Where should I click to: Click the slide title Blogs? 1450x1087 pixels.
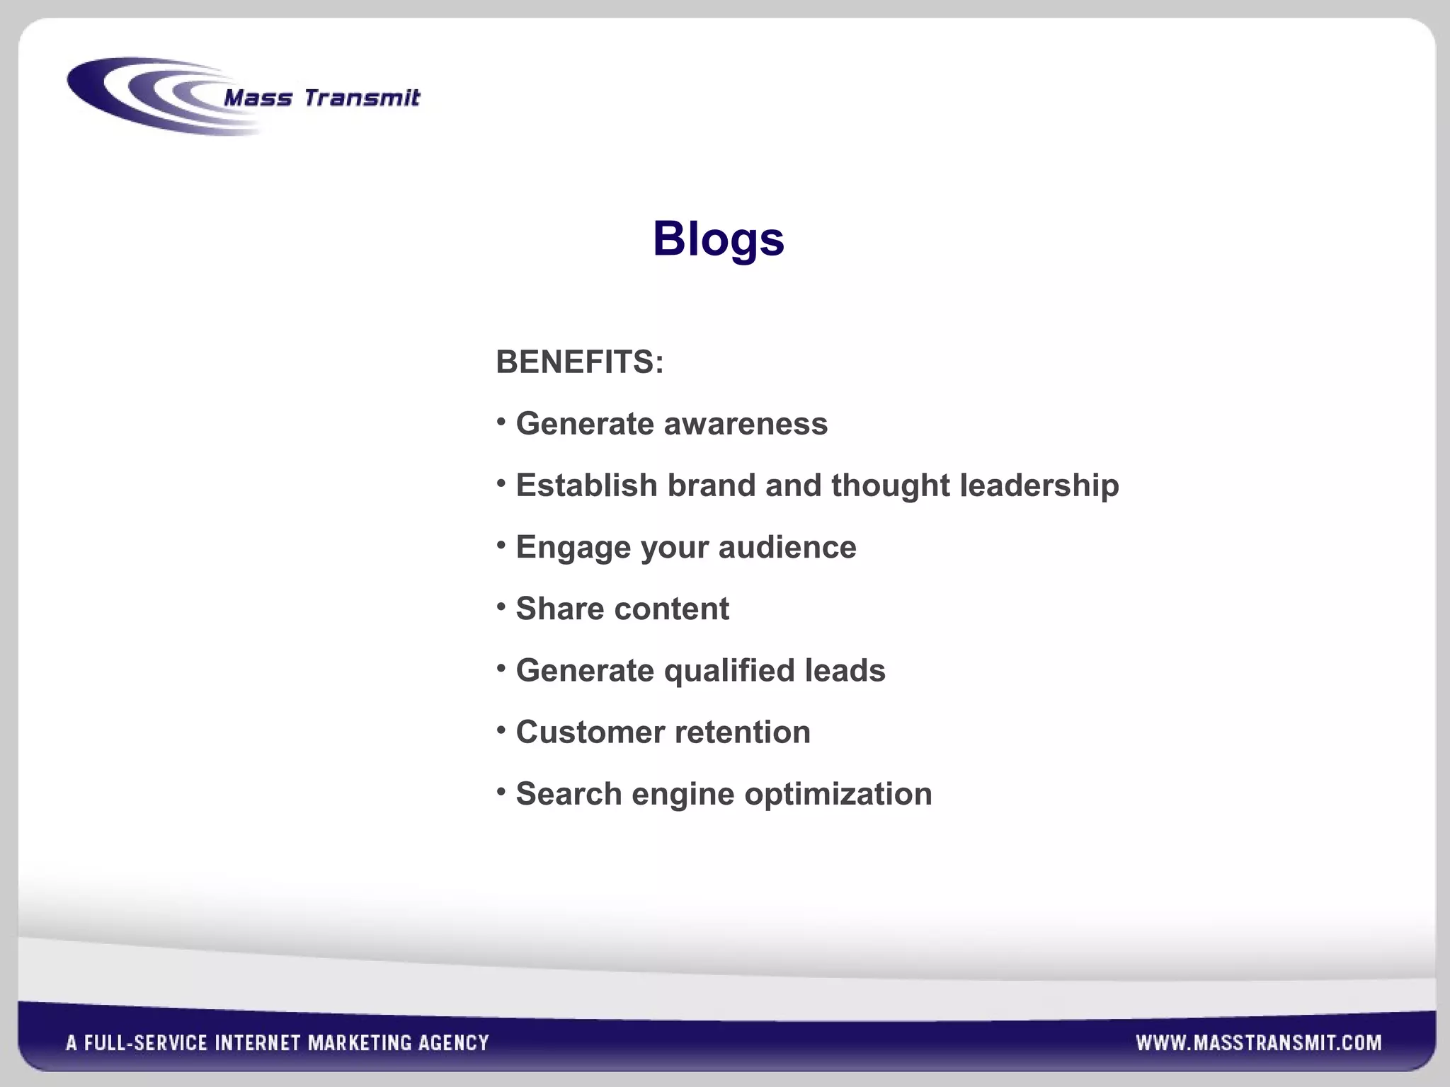click(718, 239)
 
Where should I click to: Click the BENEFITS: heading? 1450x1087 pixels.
click(580, 362)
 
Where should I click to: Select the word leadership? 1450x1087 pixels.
click(1039, 485)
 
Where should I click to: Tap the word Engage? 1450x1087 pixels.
click(573, 548)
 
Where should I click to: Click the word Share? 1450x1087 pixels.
click(559, 609)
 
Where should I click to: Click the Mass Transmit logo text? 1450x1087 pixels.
click(321, 98)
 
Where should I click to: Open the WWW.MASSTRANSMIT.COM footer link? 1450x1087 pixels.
click(1259, 1042)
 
